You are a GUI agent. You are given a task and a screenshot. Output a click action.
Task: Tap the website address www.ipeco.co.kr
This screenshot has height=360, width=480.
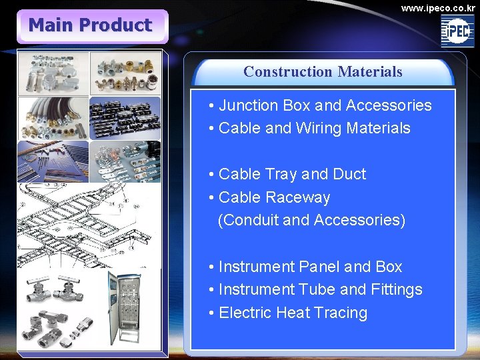coord(438,9)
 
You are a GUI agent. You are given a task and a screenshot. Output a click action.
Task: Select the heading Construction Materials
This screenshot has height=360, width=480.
coord(323,71)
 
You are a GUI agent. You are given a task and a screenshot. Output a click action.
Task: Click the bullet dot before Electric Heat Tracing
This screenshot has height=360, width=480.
coord(211,313)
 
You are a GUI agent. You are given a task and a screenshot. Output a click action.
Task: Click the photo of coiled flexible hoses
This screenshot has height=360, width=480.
coord(53,118)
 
